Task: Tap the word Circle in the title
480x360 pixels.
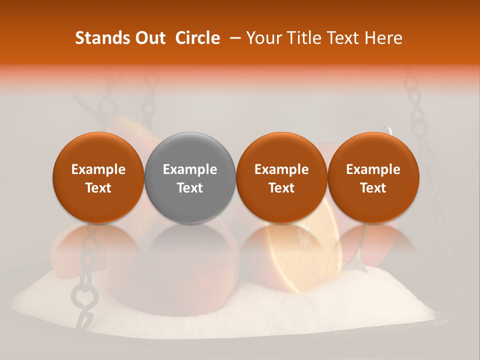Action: pos(197,38)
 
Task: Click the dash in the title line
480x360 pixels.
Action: pos(232,38)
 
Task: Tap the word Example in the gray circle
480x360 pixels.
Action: pos(190,169)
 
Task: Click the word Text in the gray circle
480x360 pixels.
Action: pos(190,188)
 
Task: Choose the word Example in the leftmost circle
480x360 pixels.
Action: pos(98,169)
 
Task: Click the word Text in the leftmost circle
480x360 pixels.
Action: pos(98,188)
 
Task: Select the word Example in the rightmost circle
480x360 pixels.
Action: pos(373,169)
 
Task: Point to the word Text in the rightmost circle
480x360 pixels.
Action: pos(373,188)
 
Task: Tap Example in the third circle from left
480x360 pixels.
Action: pos(281,169)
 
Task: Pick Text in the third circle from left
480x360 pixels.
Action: pos(281,188)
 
